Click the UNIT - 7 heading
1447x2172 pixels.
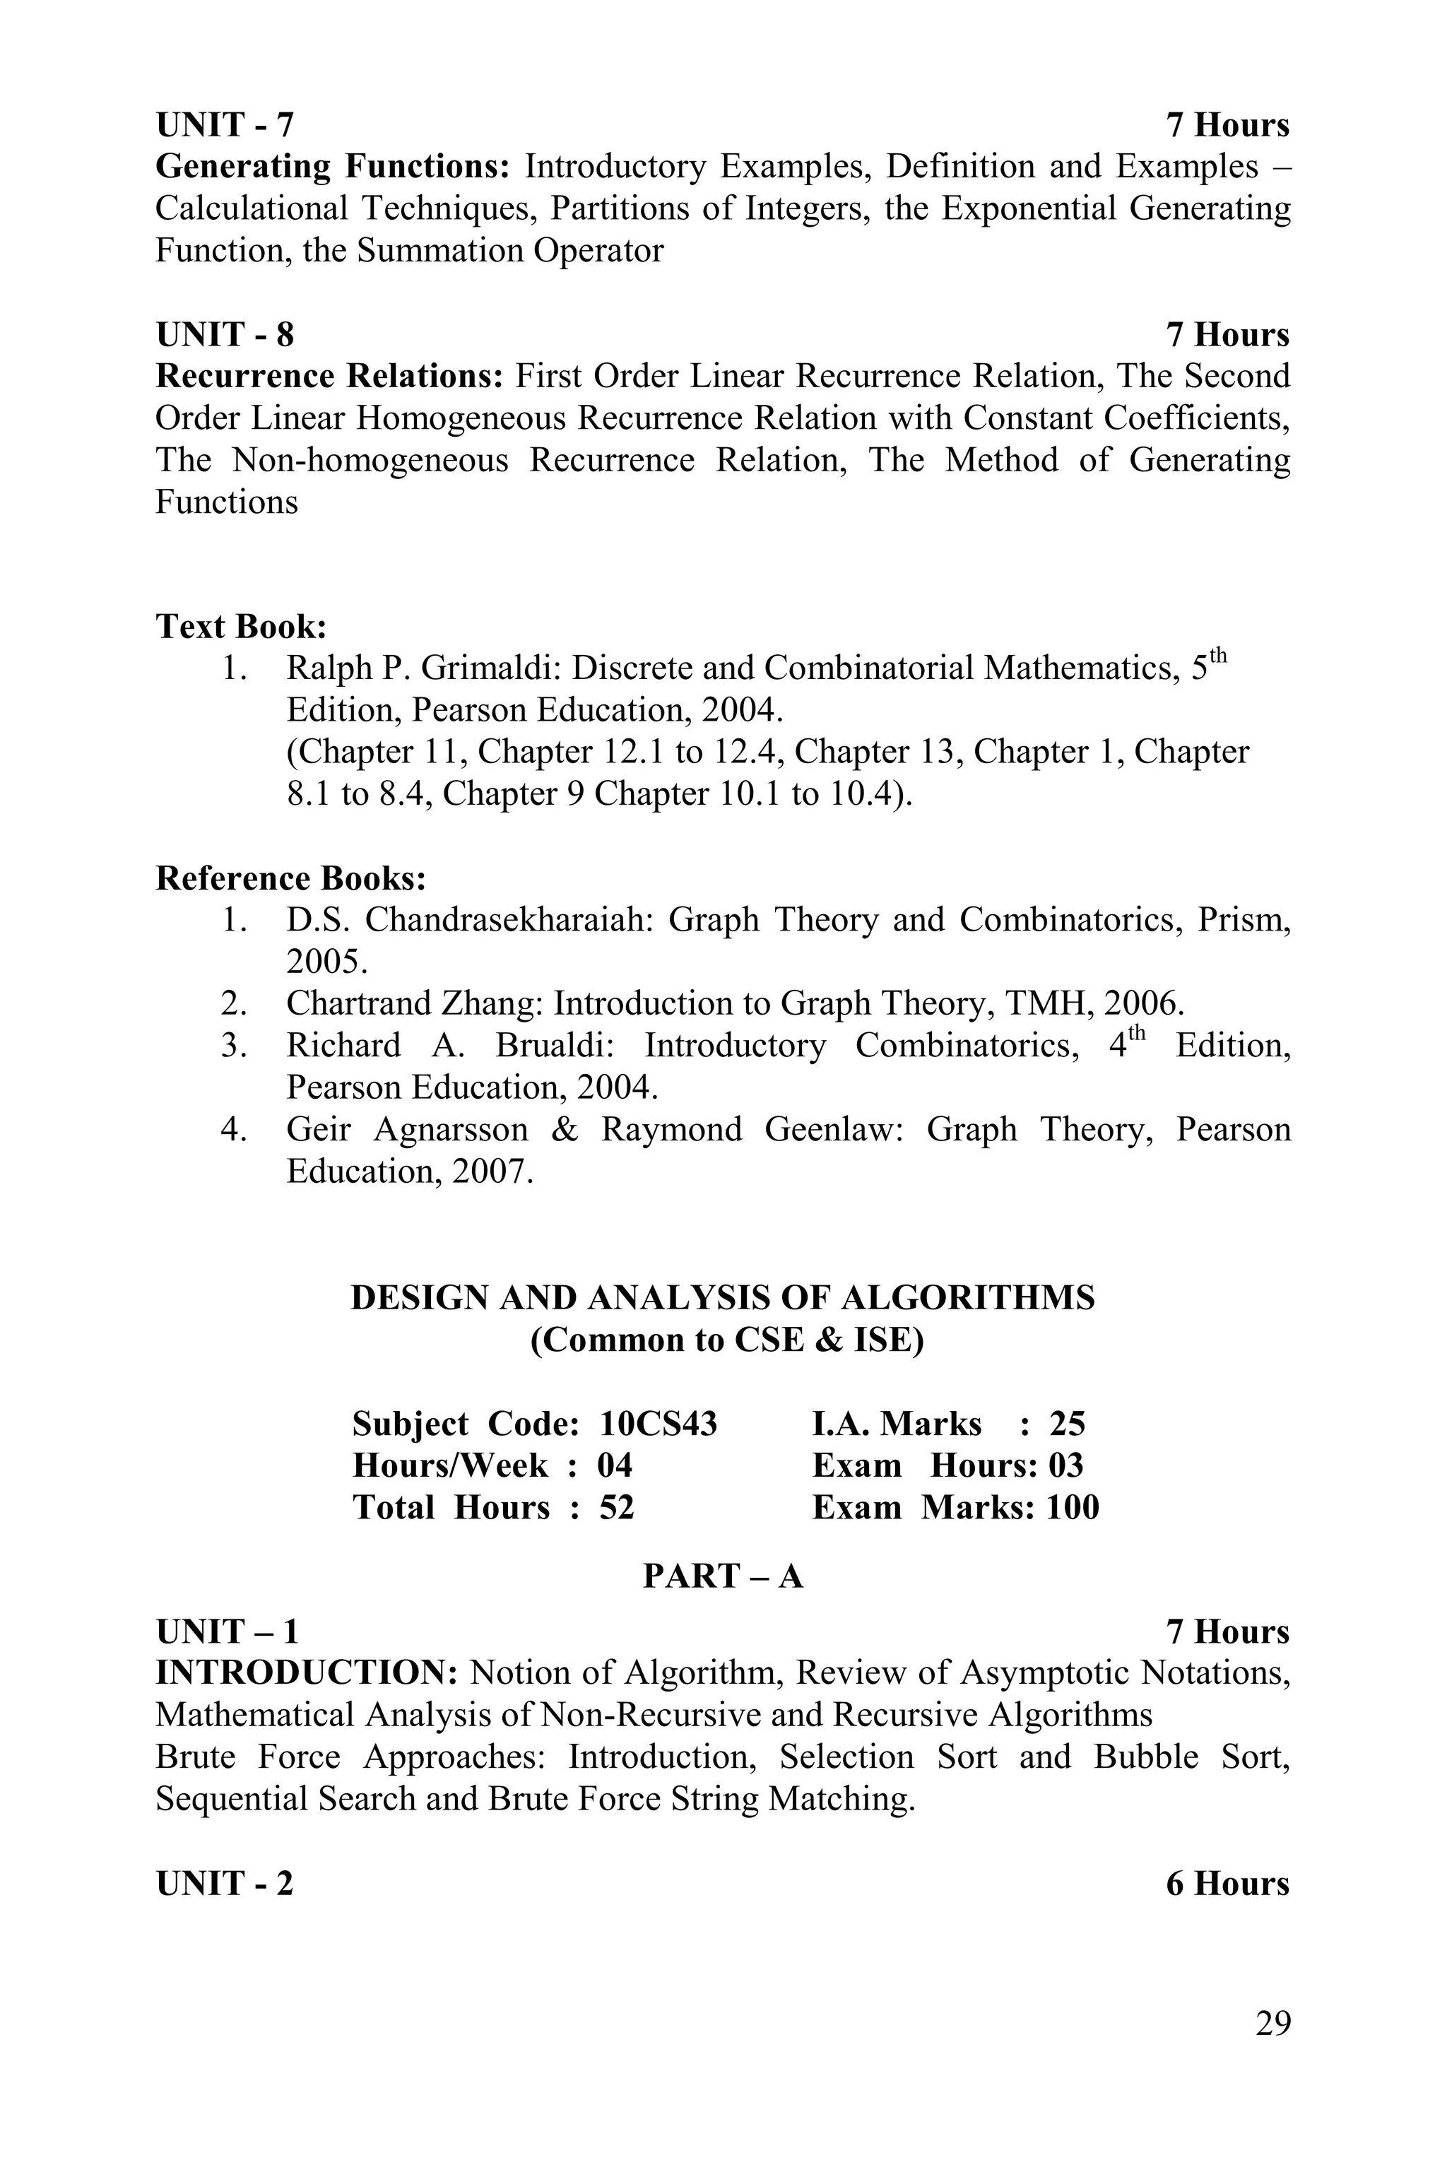[224, 124]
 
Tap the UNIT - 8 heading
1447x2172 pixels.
[224, 334]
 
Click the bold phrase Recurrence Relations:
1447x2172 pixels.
[329, 377]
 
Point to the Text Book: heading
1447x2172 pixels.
[241, 627]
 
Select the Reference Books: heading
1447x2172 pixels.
[290, 878]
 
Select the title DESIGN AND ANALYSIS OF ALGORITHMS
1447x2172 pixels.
[723, 1298]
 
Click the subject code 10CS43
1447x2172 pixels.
[658, 1424]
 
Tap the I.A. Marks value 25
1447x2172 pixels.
[1067, 1424]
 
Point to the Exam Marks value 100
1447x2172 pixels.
[1073, 1508]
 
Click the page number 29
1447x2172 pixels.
[1272, 2024]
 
